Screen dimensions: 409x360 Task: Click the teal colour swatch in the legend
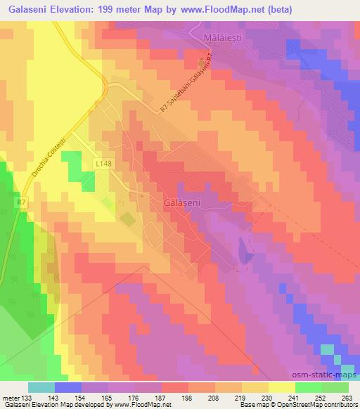(x=42, y=387)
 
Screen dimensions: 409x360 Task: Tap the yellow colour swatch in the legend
(x=281, y=387)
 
